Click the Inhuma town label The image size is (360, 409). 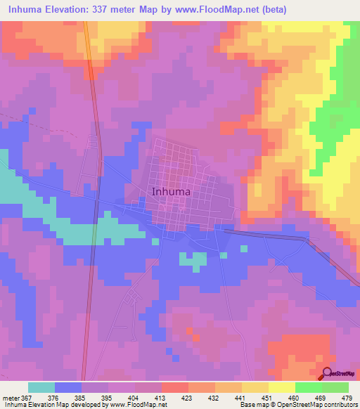pos(172,190)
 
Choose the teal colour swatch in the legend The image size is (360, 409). pos(41,387)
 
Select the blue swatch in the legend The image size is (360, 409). pos(68,387)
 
